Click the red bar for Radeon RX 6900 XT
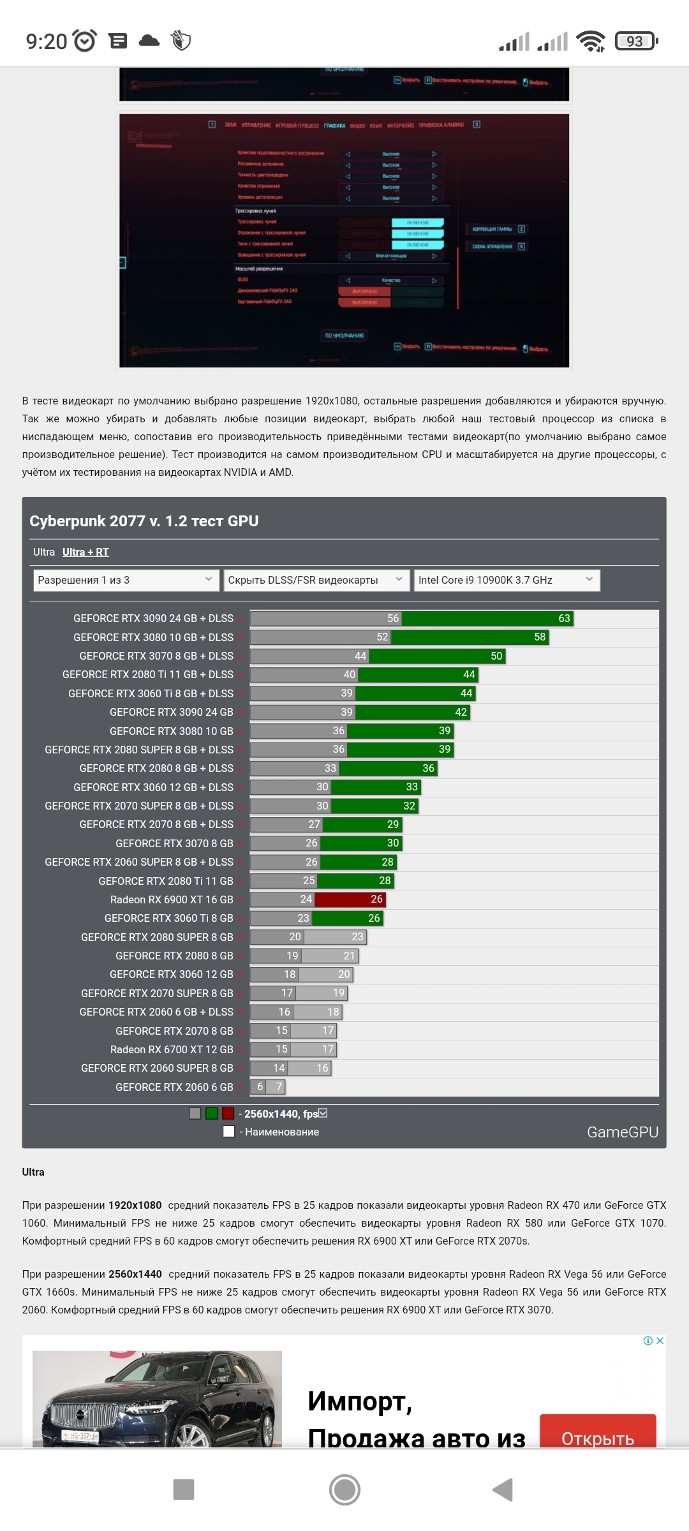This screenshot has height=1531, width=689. (350, 899)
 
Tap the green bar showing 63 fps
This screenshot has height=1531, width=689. (487, 618)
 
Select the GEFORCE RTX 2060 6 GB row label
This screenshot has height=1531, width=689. (174, 1087)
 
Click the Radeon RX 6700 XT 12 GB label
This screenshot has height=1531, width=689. (172, 1049)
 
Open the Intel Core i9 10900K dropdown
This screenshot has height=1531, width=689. (507, 580)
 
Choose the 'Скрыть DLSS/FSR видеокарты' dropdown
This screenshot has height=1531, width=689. (316, 580)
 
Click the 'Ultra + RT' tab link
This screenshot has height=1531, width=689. (85, 552)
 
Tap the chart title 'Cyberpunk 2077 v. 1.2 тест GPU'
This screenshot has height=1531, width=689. (144, 521)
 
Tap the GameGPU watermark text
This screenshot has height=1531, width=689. (622, 1132)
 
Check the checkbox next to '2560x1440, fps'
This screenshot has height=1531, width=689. (323, 1113)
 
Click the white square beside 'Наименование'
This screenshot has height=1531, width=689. (229, 1132)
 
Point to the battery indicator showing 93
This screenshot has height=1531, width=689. (635, 41)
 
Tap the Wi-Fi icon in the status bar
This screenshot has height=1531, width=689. (590, 41)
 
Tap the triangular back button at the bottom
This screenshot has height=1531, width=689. (503, 1490)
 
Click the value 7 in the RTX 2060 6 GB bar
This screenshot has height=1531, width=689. (279, 1086)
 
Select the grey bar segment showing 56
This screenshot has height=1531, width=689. (326, 618)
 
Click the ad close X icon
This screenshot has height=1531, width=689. (660, 1341)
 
